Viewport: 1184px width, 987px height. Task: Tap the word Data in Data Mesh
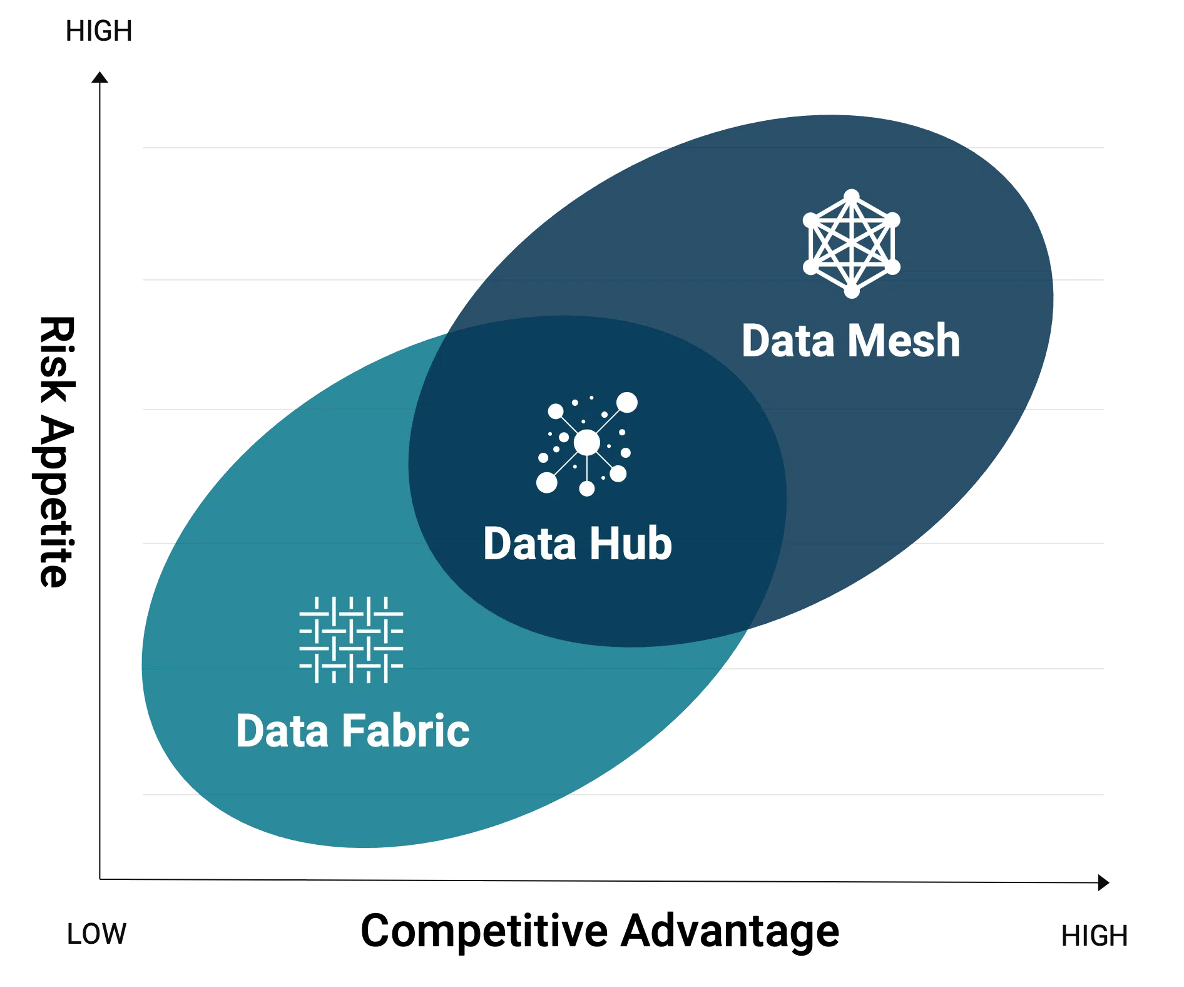[x=788, y=341]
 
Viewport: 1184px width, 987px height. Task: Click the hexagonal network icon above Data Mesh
[x=851, y=244]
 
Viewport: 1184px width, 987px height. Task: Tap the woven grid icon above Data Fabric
[x=351, y=639]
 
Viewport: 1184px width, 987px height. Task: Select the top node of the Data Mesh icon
[x=851, y=197]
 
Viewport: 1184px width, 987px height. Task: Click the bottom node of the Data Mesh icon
[x=851, y=291]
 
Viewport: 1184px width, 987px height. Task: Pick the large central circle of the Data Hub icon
[x=586, y=443]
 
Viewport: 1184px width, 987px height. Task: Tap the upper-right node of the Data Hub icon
[x=626, y=403]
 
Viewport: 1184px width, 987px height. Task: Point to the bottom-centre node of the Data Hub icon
[x=586, y=488]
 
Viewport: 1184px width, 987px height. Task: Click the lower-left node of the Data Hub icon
[x=546, y=482]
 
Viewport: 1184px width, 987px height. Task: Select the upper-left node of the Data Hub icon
[x=555, y=411]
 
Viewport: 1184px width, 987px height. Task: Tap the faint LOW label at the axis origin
[x=97, y=936]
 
